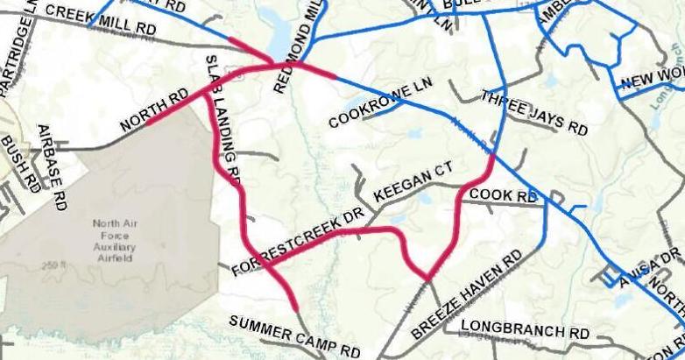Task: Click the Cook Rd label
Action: point(503,195)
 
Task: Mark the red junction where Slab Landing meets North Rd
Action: point(207,95)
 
